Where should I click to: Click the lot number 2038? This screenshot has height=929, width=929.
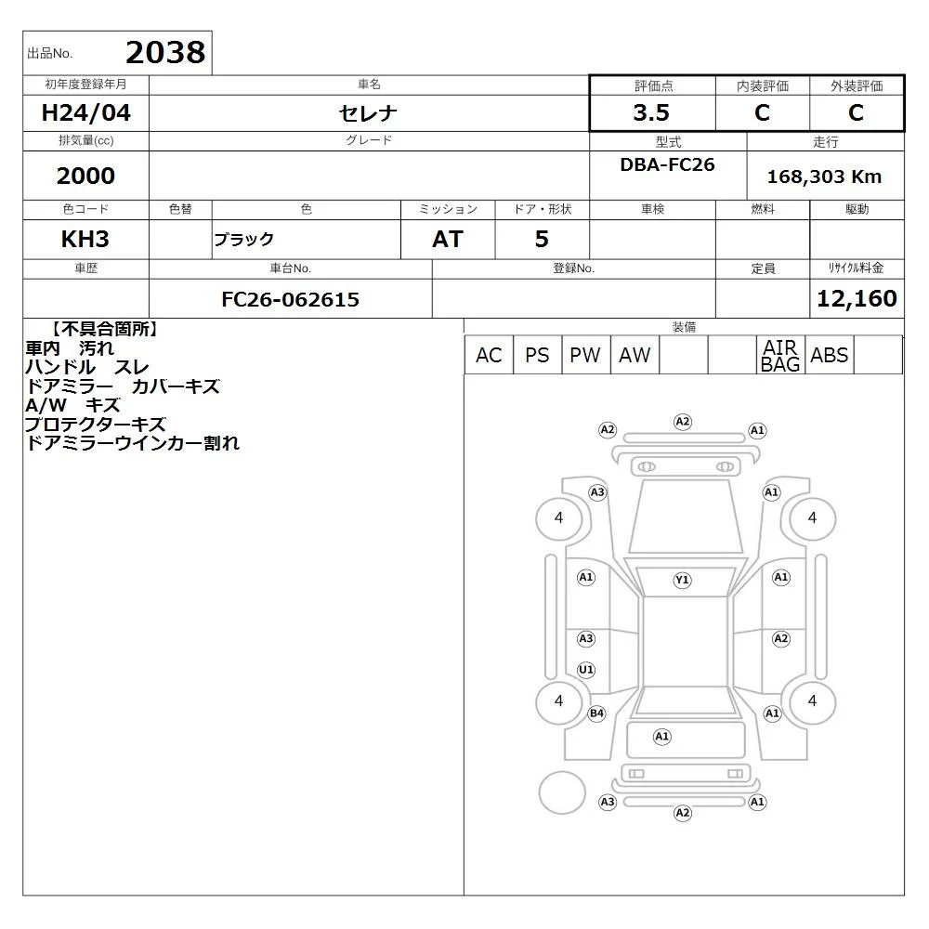165,52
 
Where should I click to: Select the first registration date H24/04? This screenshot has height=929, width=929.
85,112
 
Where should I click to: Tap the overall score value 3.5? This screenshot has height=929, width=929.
651,112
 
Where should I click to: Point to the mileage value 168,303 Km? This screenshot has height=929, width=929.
824,177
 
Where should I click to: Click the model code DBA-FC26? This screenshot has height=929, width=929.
667,164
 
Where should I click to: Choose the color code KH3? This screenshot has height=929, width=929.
85,240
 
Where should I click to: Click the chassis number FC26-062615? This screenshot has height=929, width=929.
290,299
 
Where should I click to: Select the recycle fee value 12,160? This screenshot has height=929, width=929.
857,298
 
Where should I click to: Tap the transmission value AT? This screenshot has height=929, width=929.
448,240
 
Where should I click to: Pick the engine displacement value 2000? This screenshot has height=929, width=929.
85,176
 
